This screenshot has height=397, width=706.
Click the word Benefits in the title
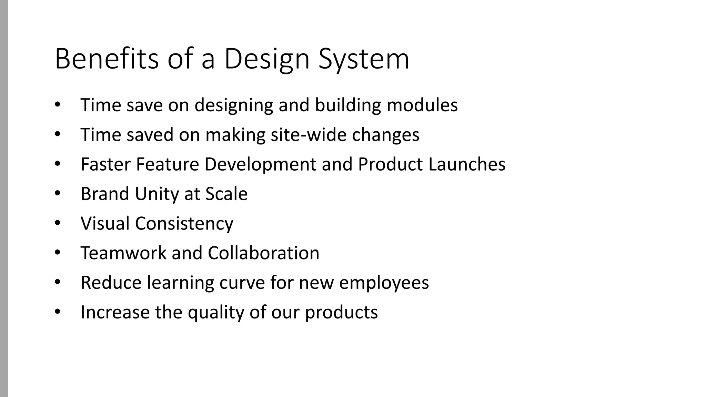click(x=107, y=59)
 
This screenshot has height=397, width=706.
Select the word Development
click(x=260, y=164)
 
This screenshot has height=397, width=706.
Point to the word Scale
click(x=226, y=194)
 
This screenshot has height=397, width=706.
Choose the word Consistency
click(x=184, y=223)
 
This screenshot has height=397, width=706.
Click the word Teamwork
click(x=123, y=253)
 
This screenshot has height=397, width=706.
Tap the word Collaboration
click(x=263, y=253)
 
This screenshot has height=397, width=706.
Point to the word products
click(x=341, y=312)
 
